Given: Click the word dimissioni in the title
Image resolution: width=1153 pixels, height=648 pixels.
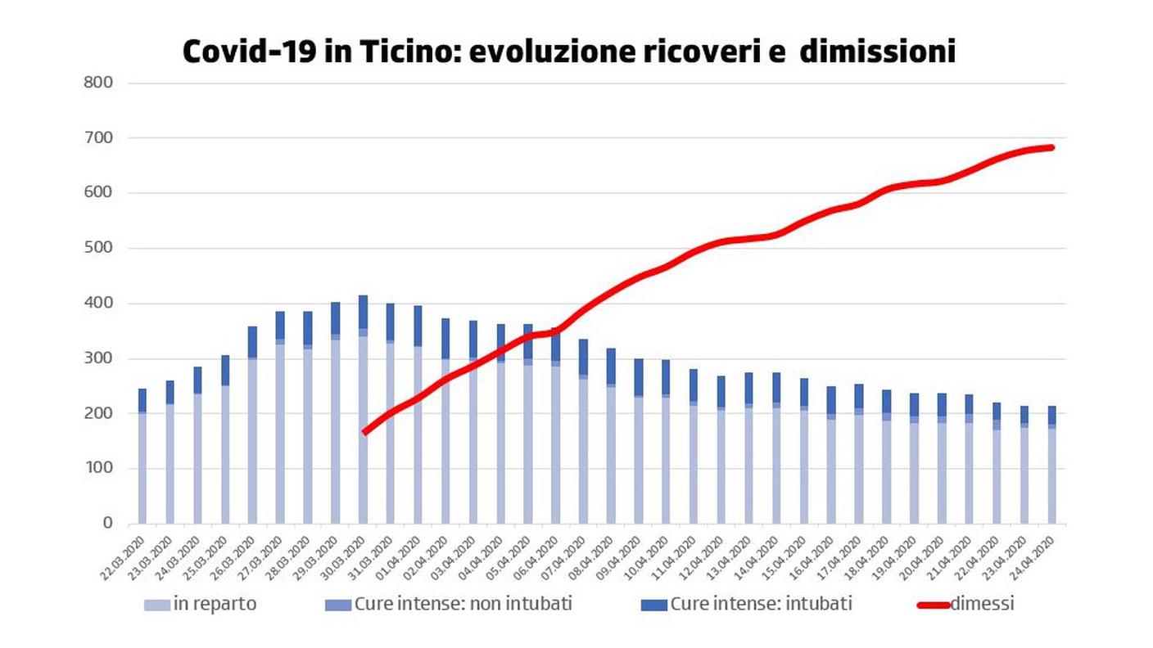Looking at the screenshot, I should pos(877,52).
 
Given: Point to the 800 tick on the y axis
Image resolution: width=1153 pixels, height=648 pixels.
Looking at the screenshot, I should pos(99,83).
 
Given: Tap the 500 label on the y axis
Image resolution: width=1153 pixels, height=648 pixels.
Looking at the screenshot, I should pos(99,248).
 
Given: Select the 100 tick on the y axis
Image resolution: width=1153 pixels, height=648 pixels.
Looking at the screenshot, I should pos(99,469).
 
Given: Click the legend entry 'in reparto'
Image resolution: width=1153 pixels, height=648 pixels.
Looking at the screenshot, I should pos(215,605).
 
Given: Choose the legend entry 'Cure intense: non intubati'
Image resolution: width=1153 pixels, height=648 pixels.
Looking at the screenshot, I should pos(463,605).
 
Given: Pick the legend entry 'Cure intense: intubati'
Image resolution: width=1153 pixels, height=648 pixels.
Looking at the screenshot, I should pos(760,605).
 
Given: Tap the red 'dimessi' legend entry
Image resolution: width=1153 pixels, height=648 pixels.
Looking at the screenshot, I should pos(981,605).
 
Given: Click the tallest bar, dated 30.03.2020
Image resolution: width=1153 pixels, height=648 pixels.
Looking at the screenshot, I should pos(363,409).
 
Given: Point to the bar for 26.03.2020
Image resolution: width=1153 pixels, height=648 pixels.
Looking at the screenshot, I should pos(252,409).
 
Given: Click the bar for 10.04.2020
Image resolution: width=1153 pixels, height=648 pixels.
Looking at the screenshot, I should pos(666,442).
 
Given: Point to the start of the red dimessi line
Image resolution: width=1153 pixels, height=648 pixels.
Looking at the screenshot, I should pos(364,432).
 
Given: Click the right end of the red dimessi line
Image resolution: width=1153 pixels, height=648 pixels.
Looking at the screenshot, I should pos(1051,148).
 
